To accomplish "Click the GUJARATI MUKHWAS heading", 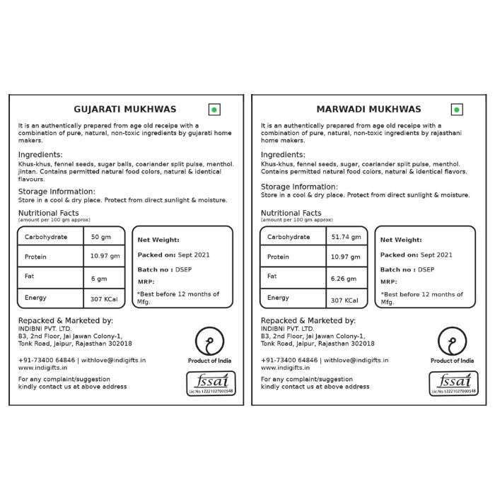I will coord(125,110).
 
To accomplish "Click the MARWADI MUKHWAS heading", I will coord(368,110).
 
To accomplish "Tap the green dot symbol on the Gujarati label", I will coord(214,110).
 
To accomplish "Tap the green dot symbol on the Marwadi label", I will coord(457,110).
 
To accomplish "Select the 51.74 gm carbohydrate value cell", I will coord(346,236).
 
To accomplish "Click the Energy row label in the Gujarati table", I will coord(35,298).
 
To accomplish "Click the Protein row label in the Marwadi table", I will coord(279,257).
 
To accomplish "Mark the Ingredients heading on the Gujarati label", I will coord(40,154).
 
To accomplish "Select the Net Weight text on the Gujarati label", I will coord(158,240).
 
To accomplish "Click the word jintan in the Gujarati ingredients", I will coord(29,171).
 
